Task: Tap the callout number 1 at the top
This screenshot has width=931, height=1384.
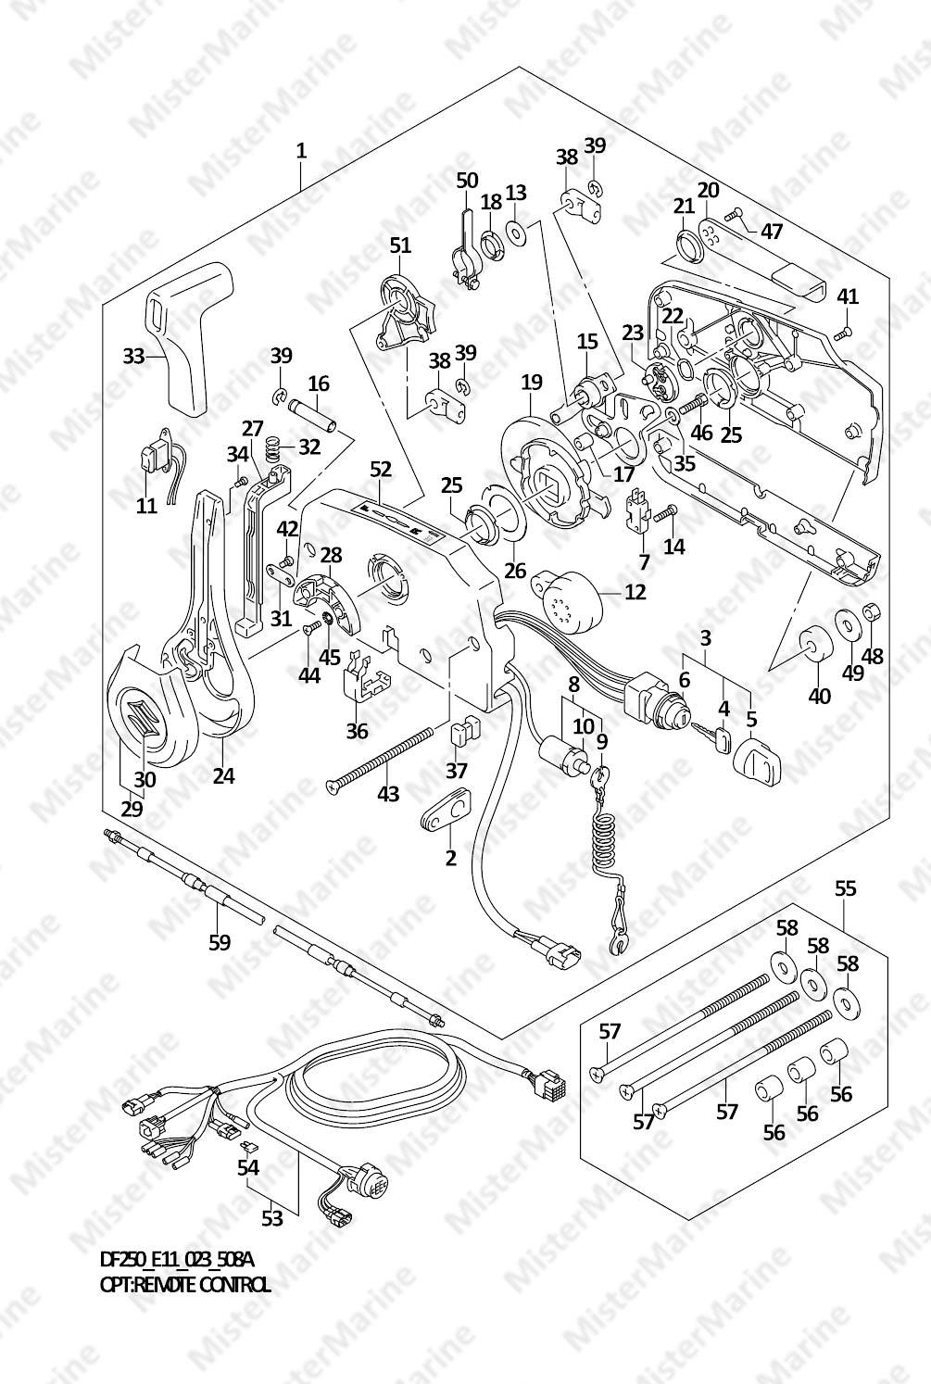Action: [x=301, y=150]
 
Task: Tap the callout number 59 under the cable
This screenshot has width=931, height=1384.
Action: [x=219, y=942]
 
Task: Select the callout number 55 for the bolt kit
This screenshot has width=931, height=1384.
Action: [x=845, y=888]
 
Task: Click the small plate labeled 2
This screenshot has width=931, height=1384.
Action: [x=445, y=814]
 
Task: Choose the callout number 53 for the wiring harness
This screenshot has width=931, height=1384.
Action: [x=271, y=1217]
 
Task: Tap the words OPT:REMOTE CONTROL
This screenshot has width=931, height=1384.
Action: [x=185, y=1284]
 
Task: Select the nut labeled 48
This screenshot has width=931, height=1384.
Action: [x=871, y=612]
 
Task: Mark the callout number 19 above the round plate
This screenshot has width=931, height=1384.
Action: [x=531, y=381]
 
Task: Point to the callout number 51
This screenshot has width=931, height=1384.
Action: [x=399, y=245]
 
